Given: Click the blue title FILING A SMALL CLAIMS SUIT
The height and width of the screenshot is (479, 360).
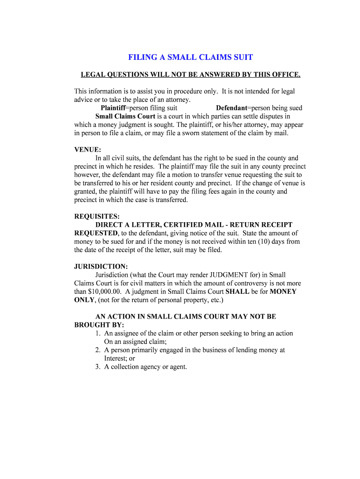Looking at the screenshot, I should pyautogui.click(x=191, y=58).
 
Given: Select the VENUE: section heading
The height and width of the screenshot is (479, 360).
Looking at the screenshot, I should pyautogui.click(x=88, y=150).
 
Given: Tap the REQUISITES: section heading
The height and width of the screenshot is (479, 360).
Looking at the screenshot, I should pyautogui.click(x=97, y=216).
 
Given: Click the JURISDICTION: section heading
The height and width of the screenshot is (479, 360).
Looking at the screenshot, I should pyautogui.click(x=101, y=266).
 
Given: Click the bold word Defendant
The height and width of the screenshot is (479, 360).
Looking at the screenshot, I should pyautogui.click(x=231, y=108).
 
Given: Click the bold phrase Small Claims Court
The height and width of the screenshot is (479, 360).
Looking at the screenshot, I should pyautogui.click(x=125, y=116).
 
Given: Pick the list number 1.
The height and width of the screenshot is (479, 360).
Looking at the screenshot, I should pyautogui.click(x=98, y=334).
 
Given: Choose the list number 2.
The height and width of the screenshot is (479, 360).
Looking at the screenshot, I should pyautogui.click(x=98, y=350).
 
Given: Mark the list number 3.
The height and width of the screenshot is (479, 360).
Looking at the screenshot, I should pyautogui.click(x=98, y=367).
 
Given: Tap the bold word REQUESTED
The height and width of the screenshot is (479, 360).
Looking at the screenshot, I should pyautogui.click(x=96, y=233).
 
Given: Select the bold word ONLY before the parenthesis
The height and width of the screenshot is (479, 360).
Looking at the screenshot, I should pyautogui.click(x=85, y=300).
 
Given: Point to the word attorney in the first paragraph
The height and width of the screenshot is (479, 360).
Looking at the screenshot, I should pyautogui.click(x=179, y=100).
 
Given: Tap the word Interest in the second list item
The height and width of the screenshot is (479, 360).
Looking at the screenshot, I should pyautogui.click(x=115, y=358).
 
